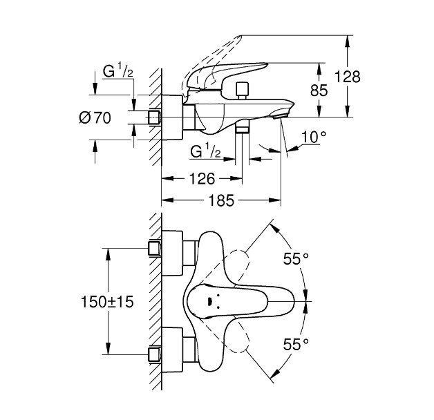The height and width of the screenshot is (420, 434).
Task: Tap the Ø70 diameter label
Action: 95,118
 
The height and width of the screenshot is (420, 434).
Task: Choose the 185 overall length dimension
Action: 220,200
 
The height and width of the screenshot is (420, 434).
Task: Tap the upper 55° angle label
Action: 296,259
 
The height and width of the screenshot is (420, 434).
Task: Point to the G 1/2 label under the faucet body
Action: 205,151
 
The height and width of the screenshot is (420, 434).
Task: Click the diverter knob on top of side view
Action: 241,90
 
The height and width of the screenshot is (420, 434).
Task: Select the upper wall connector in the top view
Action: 155,249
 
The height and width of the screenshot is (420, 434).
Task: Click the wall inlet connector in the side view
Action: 155,117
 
